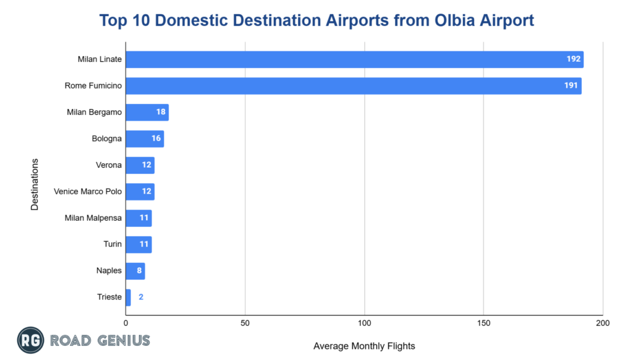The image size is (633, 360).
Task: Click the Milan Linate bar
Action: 354,59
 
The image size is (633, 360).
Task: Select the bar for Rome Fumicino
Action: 353,86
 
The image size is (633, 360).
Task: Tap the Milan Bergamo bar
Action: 147,113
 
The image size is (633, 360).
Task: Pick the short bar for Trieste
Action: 128,298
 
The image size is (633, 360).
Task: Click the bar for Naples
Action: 135,271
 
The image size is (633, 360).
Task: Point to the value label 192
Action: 574,59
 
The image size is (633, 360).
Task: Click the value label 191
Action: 571,86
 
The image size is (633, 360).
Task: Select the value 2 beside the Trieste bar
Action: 141,298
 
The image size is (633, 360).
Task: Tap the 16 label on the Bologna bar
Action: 156,139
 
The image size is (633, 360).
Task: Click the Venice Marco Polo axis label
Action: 88,192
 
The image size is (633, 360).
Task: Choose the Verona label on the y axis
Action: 109,165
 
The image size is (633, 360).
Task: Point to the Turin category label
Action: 113,244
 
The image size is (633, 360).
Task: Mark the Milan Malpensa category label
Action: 93,218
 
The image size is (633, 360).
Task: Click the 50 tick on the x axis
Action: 245,324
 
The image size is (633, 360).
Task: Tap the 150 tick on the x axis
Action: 483,324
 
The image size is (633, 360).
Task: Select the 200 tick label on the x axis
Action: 602,324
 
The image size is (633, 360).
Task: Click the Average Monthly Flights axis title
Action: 364,346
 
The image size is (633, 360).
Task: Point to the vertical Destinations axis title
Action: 35,184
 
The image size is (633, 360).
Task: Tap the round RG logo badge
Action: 29,340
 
